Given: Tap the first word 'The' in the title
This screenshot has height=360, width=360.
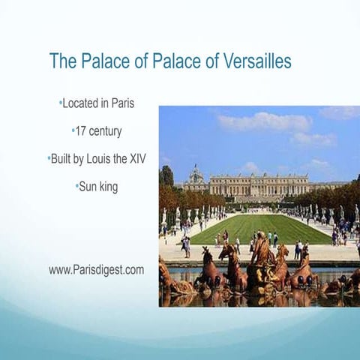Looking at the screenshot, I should [63, 61].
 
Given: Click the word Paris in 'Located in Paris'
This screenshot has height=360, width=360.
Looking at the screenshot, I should [119, 103].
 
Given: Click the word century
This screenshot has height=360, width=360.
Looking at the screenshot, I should [106, 131].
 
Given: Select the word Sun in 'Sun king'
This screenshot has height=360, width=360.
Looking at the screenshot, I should [88, 187].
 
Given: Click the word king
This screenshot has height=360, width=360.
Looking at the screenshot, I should [109, 187].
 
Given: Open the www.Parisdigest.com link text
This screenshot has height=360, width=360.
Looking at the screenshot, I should [96, 269].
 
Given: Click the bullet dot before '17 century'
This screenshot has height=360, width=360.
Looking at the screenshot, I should [73, 131].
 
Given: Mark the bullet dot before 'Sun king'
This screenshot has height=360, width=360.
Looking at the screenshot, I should [77, 187].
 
